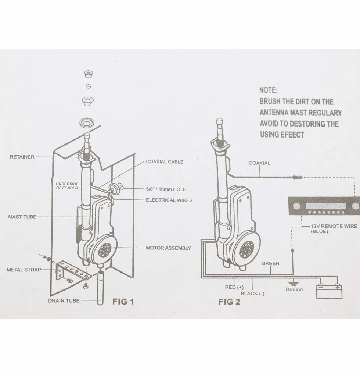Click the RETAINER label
22,157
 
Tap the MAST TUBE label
22,217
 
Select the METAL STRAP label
24,270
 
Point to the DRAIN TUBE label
64,300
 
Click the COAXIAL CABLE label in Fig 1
165,162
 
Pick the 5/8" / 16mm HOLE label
166,189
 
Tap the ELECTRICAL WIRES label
169,200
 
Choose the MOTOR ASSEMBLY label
168,248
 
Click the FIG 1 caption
123,302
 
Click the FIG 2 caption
229,302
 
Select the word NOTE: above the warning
268,90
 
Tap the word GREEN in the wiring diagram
270,263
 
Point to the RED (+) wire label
234,287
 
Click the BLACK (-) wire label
252,294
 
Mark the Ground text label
294,289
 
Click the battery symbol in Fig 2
329,291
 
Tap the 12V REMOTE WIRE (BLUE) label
334,229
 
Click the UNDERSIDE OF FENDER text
67,186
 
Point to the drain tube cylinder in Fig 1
100,288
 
